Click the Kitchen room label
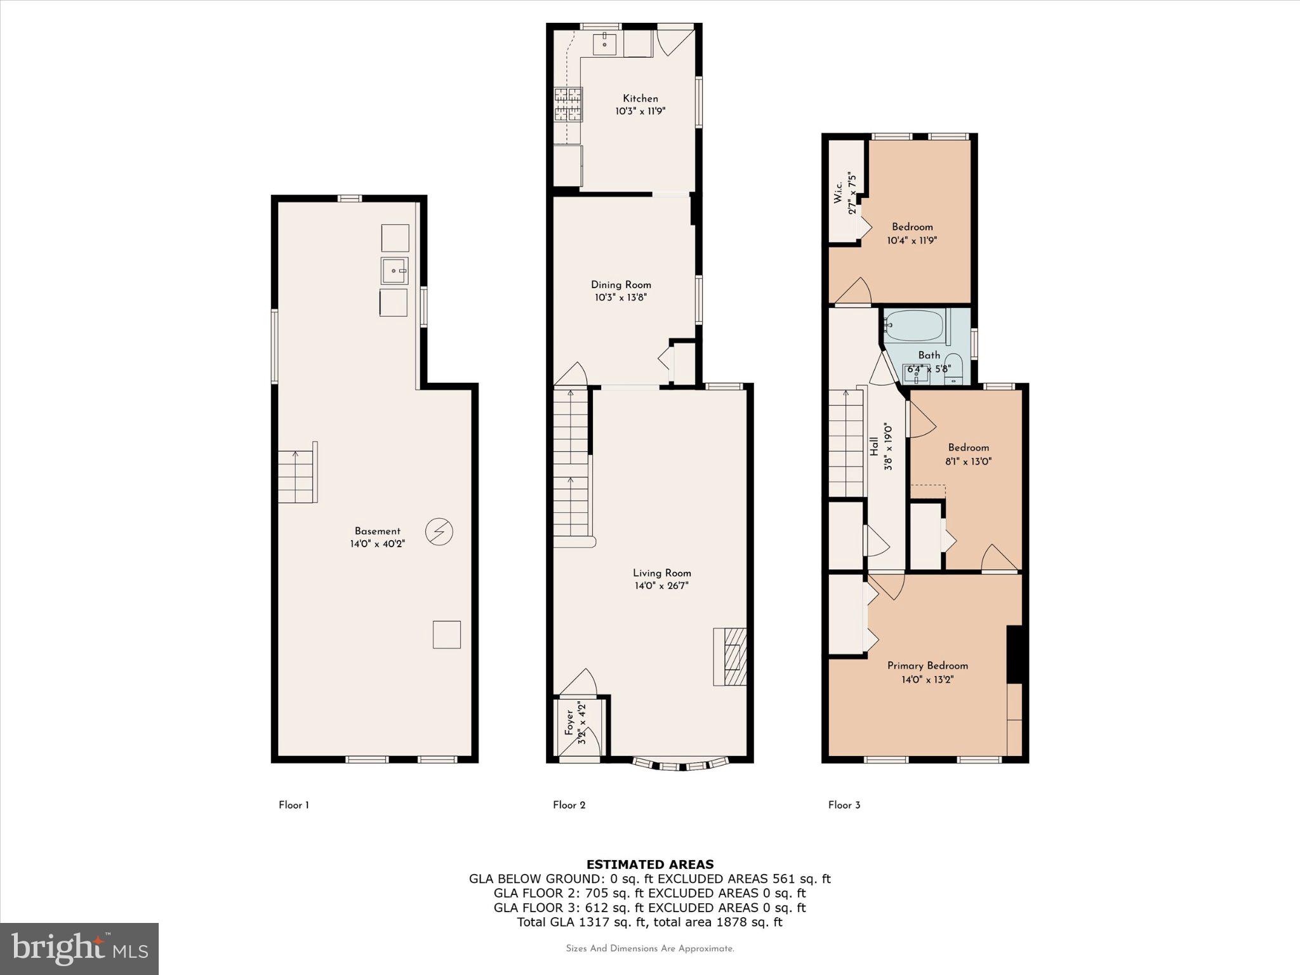point(640,98)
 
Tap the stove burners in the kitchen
point(568,105)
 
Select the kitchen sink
point(605,44)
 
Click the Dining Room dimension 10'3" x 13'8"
point(621,298)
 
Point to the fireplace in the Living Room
point(731,656)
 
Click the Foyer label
point(569,722)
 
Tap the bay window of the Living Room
point(680,764)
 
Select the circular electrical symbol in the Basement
point(439,531)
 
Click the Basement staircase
point(297,476)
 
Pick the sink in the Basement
point(394,271)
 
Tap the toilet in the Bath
point(953,370)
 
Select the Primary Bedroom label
point(927,665)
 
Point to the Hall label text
point(874,446)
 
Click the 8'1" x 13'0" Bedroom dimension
point(968,461)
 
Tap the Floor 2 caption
point(569,805)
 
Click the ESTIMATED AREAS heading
point(649,864)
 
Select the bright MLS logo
point(79,948)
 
